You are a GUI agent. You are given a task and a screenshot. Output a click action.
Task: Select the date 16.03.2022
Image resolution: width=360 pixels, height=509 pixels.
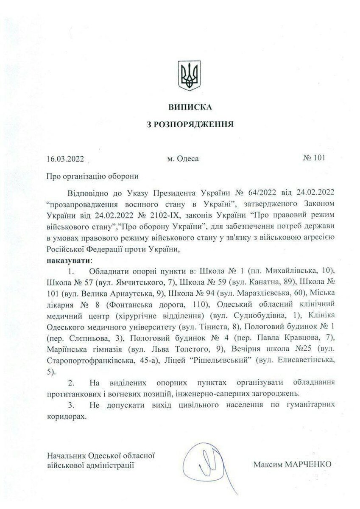click(66, 159)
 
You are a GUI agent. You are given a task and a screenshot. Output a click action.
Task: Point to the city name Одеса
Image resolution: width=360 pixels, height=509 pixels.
click(188, 159)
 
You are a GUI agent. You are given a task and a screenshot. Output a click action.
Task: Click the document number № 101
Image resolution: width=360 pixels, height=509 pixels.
click(314, 159)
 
